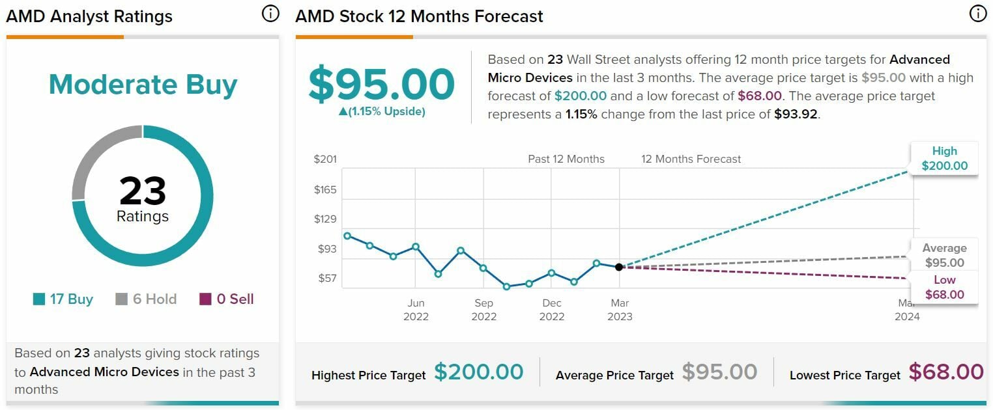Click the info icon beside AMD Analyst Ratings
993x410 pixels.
click(270, 14)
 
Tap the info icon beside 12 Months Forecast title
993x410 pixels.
click(977, 14)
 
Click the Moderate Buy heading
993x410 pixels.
click(143, 85)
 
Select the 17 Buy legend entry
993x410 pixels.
click(63, 299)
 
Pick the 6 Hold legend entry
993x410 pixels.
click(146, 299)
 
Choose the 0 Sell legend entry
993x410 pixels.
click(226, 299)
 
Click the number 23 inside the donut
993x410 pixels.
click(143, 191)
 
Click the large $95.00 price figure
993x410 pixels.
click(381, 84)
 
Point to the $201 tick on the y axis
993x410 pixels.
click(325, 159)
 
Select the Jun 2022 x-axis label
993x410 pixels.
click(416, 310)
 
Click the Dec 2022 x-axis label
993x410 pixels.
click(551, 310)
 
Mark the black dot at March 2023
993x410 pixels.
click(619, 267)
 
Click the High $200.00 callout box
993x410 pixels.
click(944, 158)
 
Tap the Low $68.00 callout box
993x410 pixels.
click(944, 287)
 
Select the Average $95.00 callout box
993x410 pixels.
click(944, 255)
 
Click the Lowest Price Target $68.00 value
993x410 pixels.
click(945, 372)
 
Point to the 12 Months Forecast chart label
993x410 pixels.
click(691, 159)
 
